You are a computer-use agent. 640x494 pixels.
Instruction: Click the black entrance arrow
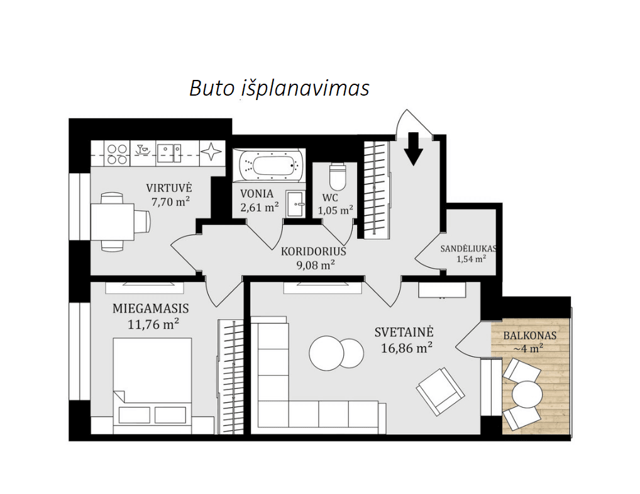click(414, 149)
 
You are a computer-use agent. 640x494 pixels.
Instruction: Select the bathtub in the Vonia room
click(269, 166)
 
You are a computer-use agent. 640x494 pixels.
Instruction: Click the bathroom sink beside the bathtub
click(295, 204)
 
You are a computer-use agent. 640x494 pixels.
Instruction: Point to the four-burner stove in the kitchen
click(117, 154)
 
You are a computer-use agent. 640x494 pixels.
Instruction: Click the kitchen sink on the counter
click(169, 154)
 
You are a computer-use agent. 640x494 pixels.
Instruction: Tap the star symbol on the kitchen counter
click(211, 152)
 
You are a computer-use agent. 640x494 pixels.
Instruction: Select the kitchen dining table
click(113, 222)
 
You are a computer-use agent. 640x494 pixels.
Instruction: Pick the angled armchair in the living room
click(441, 391)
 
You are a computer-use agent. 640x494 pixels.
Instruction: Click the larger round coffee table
click(326, 353)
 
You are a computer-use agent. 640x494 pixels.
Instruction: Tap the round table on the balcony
click(527, 395)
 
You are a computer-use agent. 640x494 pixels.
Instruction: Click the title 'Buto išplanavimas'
click(280, 88)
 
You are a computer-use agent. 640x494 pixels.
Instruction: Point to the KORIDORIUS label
click(314, 251)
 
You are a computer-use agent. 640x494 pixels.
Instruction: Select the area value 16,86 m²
click(407, 348)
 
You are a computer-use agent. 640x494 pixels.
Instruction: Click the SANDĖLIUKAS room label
click(468, 249)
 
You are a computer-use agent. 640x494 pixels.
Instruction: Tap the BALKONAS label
click(530, 336)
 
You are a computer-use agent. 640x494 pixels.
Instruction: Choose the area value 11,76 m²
click(153, 325)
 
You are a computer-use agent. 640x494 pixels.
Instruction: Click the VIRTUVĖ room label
click(169, 188)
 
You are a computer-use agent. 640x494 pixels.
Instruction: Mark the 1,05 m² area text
click(336, 210)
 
